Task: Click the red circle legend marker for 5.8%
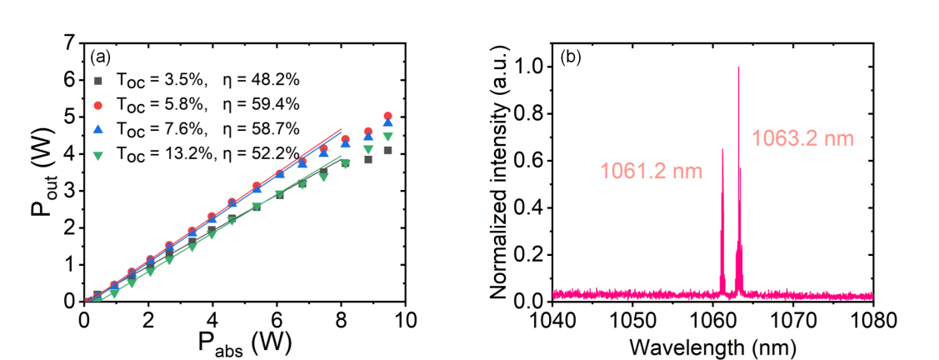coord(98,105)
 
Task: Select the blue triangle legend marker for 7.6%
coord(98,129)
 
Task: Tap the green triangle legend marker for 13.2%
coord(98,154)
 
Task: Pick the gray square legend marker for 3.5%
coord(98,81)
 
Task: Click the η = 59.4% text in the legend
coord(260,105)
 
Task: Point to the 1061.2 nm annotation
coord(651,172)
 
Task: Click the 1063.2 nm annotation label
coord(803,139)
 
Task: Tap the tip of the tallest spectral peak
coord(738,67)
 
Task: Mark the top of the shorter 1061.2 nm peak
coord(722,150)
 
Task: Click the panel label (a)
coord(100,57)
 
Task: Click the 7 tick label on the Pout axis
coord(70,42)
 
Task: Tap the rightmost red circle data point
coord(387,116)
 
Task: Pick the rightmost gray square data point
coord(387,150)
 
